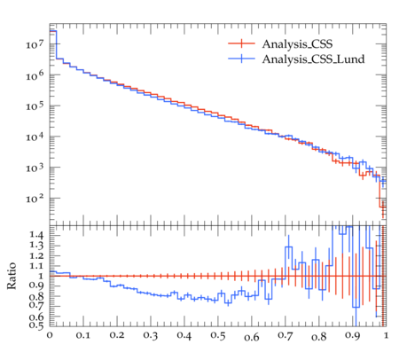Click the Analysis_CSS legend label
click(297, 44)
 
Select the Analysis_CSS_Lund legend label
click(313, 59)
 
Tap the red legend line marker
click(241, 43)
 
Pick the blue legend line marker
click(241, 59)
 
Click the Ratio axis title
click(12, 276)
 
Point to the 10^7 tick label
click(35, 44)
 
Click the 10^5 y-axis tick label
click(35, 106)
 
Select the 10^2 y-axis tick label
click(35, 199)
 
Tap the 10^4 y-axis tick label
click(35, 137)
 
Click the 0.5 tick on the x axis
click(218, 336)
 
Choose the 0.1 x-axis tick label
click(83, 336)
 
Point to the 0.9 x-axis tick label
click(353, 336)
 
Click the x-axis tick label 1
click(386, 335)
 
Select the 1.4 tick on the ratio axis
click(36, 235)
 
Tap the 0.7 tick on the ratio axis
click(36, 305)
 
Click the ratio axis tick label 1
click(41, 276)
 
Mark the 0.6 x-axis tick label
click(252, 336)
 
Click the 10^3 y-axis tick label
click(35, 168)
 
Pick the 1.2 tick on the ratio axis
click(36, 255)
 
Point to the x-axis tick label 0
click(50, 335)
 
